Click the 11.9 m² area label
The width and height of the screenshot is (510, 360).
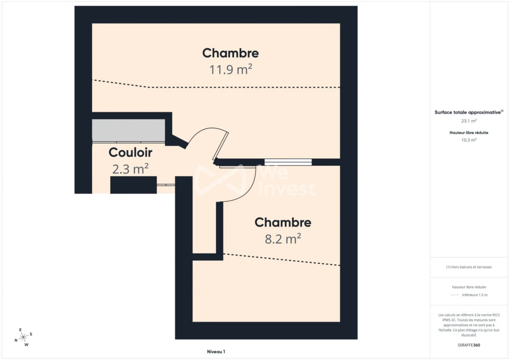(x=231, y=69)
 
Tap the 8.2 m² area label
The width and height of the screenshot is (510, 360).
(x=283, y=239)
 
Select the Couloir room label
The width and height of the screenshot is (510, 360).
(x=130, y=152)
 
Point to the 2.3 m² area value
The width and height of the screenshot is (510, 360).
(x=130, y=169)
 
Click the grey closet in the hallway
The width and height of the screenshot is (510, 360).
(x=128, y=130)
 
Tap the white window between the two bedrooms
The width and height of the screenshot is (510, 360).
(x=288, y=162)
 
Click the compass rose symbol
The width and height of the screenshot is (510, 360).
(x=23, y=337)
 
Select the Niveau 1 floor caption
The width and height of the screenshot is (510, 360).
(x=216, y=352)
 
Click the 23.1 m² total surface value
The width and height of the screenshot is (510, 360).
(x=469, y=120)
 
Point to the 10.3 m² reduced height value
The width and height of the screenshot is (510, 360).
(x=469, y=140)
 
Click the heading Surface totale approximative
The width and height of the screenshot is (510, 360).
(x=469, y=112)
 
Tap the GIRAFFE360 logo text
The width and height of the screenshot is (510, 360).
(x=469, y=345)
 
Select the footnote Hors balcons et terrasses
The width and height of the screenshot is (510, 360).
(x=469, y=267)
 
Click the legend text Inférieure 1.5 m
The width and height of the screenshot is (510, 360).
(x=475, y=295)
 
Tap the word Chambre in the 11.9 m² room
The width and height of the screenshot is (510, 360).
(x=231, y=53)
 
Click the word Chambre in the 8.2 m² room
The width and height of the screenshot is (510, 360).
(x=283, y=223)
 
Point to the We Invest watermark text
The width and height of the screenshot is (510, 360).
(x=286, y=181)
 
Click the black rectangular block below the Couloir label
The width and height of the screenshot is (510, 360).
(x=133, y=185)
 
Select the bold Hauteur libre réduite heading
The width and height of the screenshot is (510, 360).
(x=469, y=132)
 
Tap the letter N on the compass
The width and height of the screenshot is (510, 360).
(x=16, y=341)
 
